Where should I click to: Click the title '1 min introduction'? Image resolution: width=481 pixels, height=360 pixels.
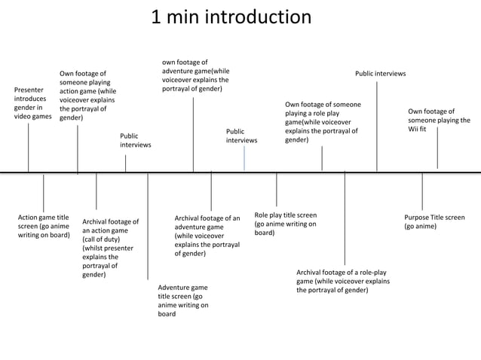click(x=231, y=17)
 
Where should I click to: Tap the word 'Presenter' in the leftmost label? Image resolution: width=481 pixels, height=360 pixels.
click(x=29, y=90)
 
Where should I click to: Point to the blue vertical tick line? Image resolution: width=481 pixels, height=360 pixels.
click(x=244, y=158)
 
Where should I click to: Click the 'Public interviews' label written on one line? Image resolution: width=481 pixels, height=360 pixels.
click(x=380, y=74)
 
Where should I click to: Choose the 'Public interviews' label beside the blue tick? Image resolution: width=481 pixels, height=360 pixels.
click(x=241, y=136)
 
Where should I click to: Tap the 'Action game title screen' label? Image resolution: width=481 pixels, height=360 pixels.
click(x=44, y=226)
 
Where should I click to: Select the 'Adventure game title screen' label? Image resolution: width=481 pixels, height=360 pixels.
click(x=182, y=301)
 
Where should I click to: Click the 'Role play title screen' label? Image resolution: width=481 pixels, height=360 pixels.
click(x=285, y=224)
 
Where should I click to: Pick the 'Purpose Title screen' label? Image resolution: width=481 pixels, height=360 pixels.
click(x=434, y=221)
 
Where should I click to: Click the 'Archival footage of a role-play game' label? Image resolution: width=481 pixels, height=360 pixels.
click(x=343, y=281)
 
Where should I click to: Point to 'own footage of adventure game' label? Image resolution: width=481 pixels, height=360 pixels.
click(x=195, y=75)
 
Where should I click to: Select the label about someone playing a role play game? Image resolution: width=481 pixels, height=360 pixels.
click(x=323, y=122)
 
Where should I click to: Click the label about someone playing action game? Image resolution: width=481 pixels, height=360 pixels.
click(x=87, y=96)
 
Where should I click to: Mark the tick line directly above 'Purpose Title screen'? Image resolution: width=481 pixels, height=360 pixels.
click(x=422, y=192)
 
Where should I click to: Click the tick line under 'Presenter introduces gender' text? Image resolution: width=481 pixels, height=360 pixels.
click(x=29, y=148)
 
